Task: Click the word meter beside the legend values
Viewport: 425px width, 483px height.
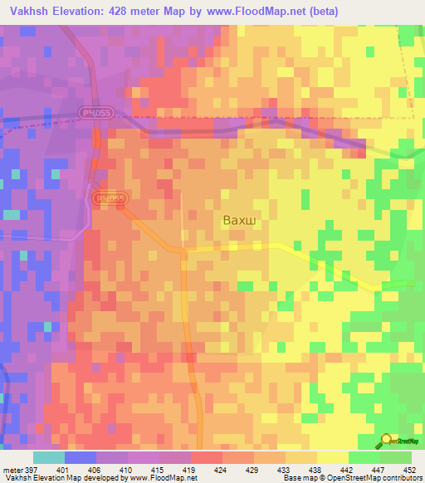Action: coord(12,469)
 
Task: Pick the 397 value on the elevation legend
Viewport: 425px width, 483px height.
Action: coord(32,469)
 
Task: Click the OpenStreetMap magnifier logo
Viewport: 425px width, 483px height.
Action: coord(386,441)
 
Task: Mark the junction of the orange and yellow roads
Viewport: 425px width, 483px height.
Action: coord(184,249)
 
